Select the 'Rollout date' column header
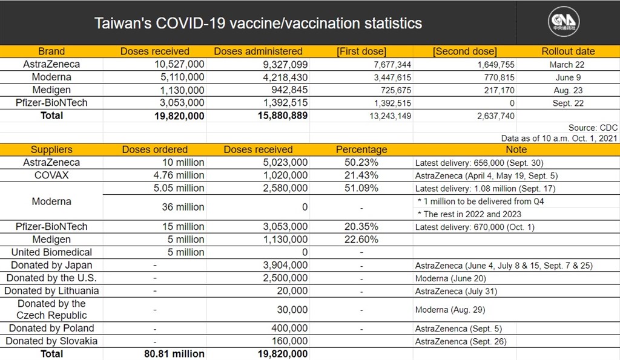[x=568, y=51]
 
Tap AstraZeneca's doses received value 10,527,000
[x=179, y=64]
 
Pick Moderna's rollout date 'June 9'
[x=568, y=77]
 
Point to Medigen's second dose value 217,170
[x=499, y=91]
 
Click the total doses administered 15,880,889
[x=283, y=116]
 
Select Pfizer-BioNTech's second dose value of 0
[x=512, y=103]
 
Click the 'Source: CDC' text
[x=593, y=128]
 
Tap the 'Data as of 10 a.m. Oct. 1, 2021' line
[x=559, y=139]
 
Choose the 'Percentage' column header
[x=361, y=150]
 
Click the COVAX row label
[x=51, y=175]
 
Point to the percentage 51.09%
[x=361, y=188]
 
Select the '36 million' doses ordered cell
[x=183, y=207]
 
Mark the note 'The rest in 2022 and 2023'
[x=472, y=214]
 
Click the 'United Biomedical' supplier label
[x=51, y=252]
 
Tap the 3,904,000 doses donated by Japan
[x=285, y=265]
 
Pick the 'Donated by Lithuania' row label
[x=51, y=291]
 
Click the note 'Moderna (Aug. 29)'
[x=450, y=310]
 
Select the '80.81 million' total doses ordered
[x=174, y=354]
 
